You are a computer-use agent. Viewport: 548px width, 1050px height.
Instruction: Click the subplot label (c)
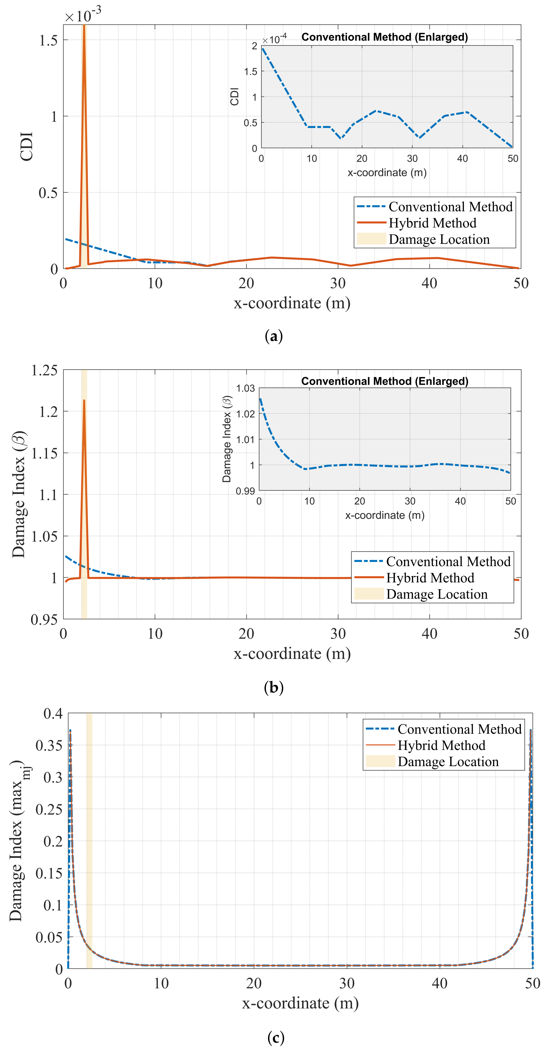point(276,1036)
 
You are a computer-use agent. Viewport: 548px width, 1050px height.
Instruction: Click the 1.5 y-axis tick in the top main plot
point(48,40)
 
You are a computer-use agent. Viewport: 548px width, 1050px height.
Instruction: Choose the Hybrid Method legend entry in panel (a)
point(432,223)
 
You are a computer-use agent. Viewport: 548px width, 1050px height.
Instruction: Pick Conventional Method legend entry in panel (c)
point(459,729)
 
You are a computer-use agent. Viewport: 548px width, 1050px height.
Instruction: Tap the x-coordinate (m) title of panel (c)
point(300,1003)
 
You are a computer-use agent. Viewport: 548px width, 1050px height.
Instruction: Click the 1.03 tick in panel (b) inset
point(245,388)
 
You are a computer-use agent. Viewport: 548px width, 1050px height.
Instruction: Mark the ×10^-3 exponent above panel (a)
point(83,16)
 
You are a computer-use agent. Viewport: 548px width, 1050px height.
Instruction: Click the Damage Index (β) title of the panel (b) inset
point(227,439)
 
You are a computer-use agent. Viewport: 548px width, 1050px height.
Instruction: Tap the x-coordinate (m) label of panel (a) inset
point(387,172)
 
